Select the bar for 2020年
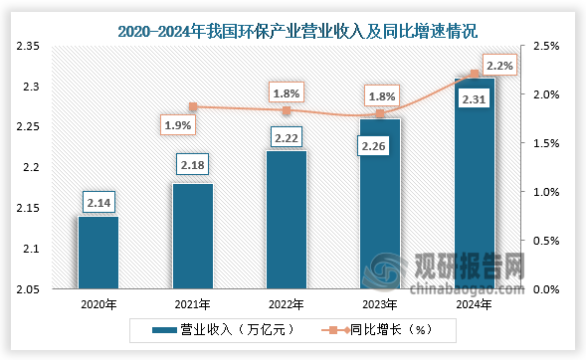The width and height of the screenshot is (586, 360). click(x=98, y=253)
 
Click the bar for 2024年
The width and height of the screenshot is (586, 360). click(x=475, y=184)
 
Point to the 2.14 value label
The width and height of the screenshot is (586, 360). click(x=98, y=202)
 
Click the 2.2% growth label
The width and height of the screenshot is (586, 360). click(x=499, y=65)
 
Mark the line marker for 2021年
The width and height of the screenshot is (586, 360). click(x=192, y=107)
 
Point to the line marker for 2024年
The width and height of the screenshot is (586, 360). click(x=475, y=74)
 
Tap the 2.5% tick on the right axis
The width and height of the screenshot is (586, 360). click(x=547, y=47)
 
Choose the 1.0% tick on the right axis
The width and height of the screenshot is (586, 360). click(x=547, y=192)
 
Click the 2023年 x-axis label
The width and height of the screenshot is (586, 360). click(x=380, y=306)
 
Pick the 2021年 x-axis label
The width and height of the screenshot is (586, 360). click(x=192, y=306)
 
